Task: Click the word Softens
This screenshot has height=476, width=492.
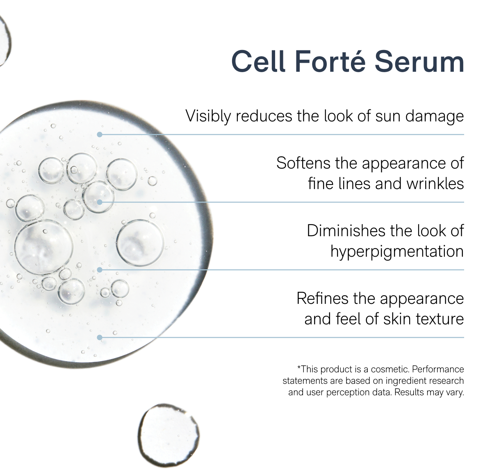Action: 303,163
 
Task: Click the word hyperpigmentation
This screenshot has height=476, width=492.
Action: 397,251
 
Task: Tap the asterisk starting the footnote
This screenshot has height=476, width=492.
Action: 299,368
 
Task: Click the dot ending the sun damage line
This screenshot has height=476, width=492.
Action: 99,134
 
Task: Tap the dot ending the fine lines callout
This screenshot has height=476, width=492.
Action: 99,202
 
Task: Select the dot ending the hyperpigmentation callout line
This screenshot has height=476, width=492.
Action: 99,270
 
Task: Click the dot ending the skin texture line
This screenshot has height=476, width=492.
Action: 99,337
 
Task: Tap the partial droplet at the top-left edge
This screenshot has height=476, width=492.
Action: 4,41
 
